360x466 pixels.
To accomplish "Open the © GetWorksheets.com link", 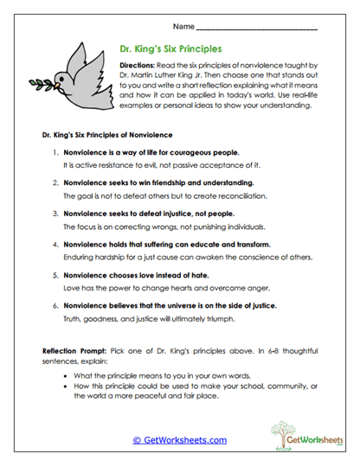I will coord(179,439).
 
